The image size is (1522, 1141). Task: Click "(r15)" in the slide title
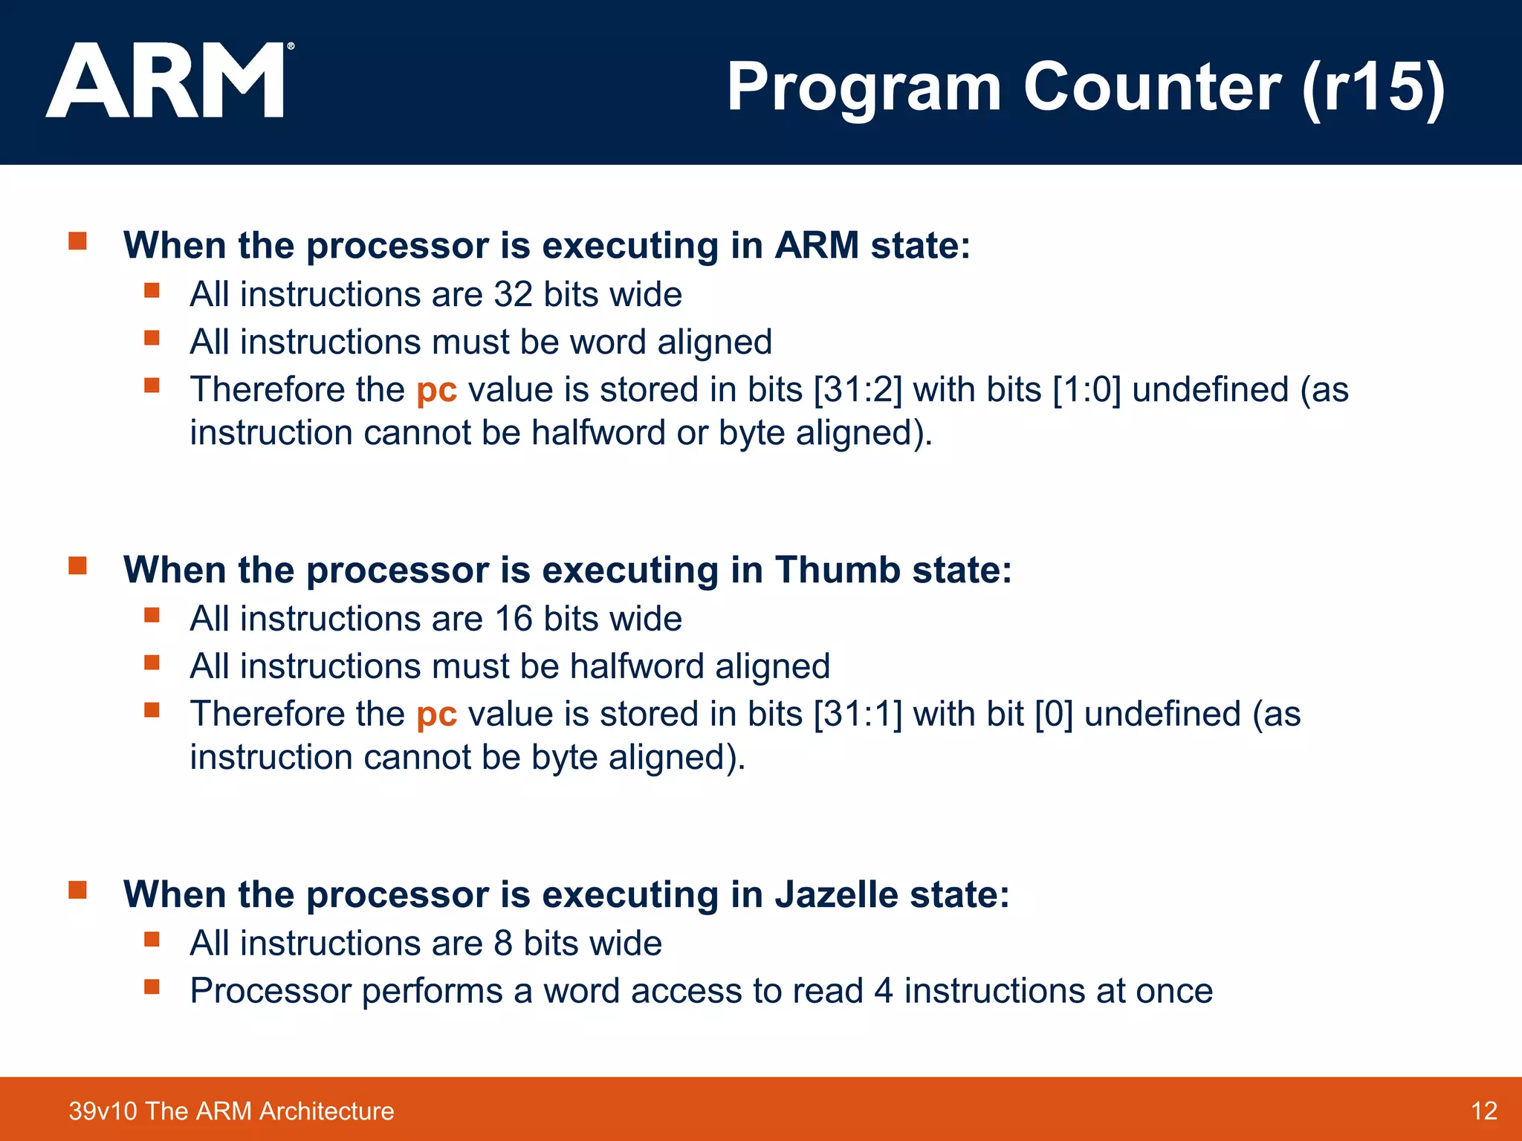(1373, 88)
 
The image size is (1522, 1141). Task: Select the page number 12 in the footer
(1483, 1111)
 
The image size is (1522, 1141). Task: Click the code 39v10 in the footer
(103, 1111)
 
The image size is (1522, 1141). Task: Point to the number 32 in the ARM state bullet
(514, 295)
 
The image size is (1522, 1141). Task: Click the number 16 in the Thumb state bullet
(514, 620)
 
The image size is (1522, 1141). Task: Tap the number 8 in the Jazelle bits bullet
(503, 943)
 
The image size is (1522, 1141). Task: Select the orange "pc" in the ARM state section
(436, 390)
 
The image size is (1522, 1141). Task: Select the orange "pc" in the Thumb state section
(436, 715)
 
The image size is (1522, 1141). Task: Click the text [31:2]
(858, 390)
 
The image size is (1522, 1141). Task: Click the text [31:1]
(858, 715)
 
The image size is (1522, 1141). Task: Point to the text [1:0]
(1087, 390)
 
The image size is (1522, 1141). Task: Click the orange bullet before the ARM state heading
(78, 241)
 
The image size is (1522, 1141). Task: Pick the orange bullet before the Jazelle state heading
(78, 890)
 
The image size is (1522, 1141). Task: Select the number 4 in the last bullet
(883, 992)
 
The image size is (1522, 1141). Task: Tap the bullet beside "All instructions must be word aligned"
(152, 338)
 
